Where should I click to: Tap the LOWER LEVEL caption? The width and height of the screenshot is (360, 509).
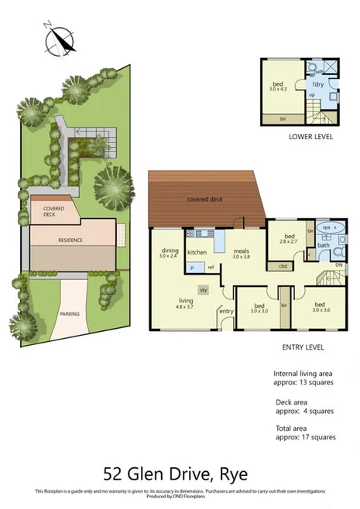click(310, 136)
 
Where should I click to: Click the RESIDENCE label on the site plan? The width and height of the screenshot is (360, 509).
click(70, 241)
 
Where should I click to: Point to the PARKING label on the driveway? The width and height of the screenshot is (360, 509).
click(70, 313)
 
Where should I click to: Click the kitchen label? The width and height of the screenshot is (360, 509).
click(197, 253)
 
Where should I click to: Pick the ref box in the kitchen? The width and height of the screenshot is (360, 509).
click(210, 267)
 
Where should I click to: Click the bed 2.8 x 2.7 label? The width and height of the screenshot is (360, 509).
click(290, 239)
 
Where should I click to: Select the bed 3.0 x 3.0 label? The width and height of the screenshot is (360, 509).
click(258, 307)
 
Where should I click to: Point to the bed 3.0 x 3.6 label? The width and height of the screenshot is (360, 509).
click(321, 307)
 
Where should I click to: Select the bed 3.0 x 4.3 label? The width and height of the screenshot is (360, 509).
click(277, 86)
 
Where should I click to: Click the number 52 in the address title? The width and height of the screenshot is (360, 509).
click(115, 472)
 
